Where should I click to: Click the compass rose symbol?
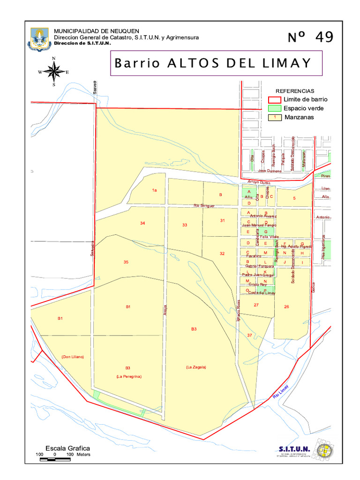[54, 72]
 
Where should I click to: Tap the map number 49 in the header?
[310, 37]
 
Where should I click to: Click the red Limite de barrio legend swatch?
[274, 100]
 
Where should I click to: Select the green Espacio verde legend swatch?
[274, 108]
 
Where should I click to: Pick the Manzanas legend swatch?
[274, 117]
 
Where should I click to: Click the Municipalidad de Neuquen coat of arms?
[39, 39]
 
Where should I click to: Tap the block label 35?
[126, 262]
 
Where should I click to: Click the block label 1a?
[154, 190]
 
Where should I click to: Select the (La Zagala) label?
[195, 367]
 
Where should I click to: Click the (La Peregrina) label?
[129, 376]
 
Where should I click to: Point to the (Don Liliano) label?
[72, 357]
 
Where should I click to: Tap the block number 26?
[286, 307]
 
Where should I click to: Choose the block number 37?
[249, 335]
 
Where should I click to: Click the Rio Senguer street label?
[204, 206]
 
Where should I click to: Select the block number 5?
[294, 198]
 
